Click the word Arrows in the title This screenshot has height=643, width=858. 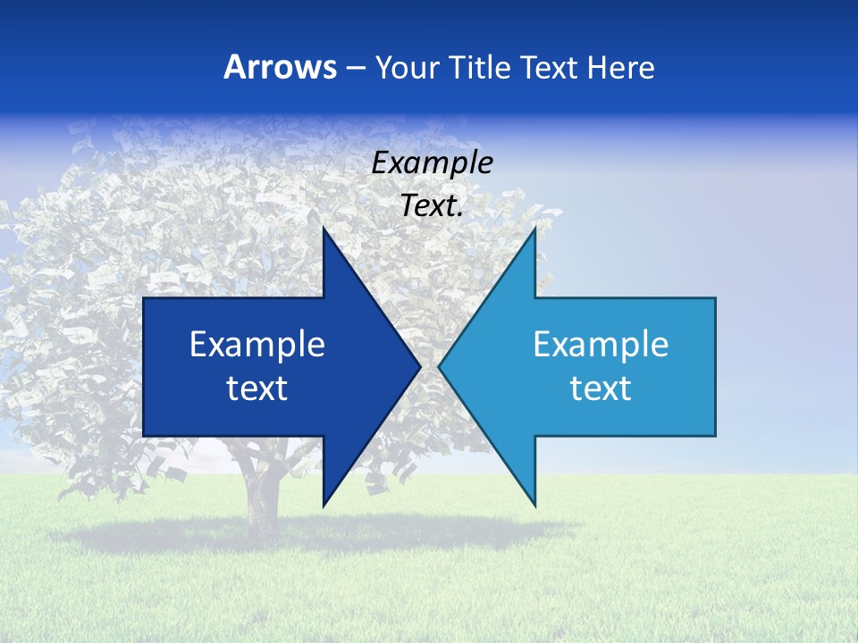coord(280,67)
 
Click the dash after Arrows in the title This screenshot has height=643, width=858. coord(355,68)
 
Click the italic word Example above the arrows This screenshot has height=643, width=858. coord(432,163)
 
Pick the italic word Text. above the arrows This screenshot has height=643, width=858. coord(432,205)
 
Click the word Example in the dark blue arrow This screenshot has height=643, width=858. coord(257,344)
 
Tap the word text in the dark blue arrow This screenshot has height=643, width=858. coord(257,388)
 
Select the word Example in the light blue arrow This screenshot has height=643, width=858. coord(601,344)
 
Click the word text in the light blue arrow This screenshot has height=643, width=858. coord(601,388)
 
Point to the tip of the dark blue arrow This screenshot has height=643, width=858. coord(419,367)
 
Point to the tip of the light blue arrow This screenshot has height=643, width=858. coord(440,367)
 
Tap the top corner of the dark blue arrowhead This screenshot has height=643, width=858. coord(324,230)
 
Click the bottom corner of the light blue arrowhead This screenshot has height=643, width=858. coord(534,505)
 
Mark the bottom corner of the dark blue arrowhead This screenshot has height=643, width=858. coord(324,505)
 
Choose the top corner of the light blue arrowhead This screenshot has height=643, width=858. coord(534,230)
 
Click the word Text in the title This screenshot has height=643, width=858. coord(550,67)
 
